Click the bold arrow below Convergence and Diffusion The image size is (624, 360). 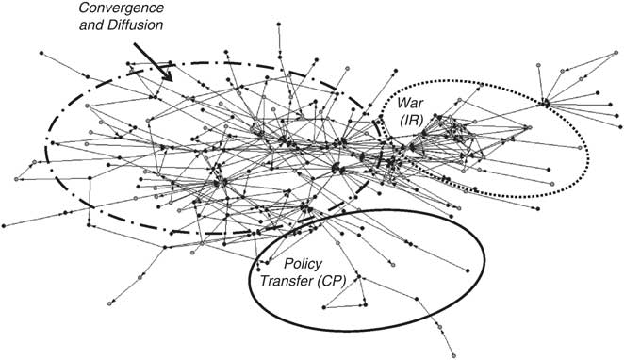[153, 58]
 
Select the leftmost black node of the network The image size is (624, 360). [4, 226]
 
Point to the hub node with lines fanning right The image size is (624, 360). [546, 102]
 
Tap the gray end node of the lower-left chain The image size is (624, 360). [111, 303]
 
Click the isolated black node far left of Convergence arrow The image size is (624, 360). [41, 48]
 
